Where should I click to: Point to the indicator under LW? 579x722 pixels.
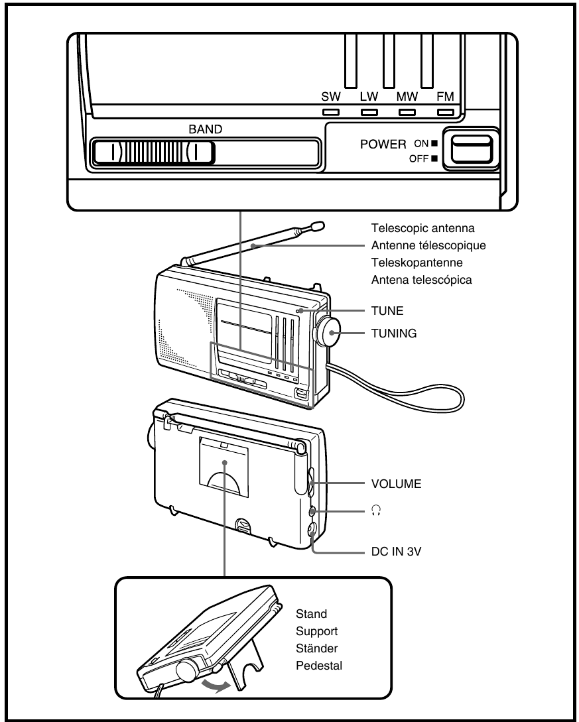(x=369, y=112)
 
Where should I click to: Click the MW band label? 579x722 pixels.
(x=407, y=97)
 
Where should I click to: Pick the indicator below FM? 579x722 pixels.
(x=446, y=112)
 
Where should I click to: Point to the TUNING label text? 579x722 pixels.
(x=394, y=334)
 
